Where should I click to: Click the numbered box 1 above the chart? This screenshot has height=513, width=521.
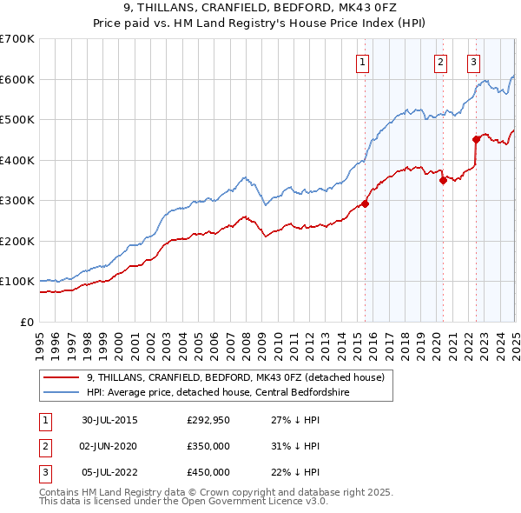[362, 62]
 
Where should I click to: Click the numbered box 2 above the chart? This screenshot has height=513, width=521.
[441, 62]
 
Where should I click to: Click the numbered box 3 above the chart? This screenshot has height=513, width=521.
[473, 62]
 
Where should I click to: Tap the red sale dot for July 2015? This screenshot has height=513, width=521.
[366, 203]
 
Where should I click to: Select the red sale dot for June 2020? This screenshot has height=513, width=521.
[443, 181]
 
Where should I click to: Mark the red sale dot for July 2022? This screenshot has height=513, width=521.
[476, 139]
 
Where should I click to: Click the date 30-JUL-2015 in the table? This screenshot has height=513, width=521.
[109, 421]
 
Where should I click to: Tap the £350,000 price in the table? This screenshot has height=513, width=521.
[208, 446]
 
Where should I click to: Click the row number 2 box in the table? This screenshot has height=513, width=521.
[43, 446]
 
